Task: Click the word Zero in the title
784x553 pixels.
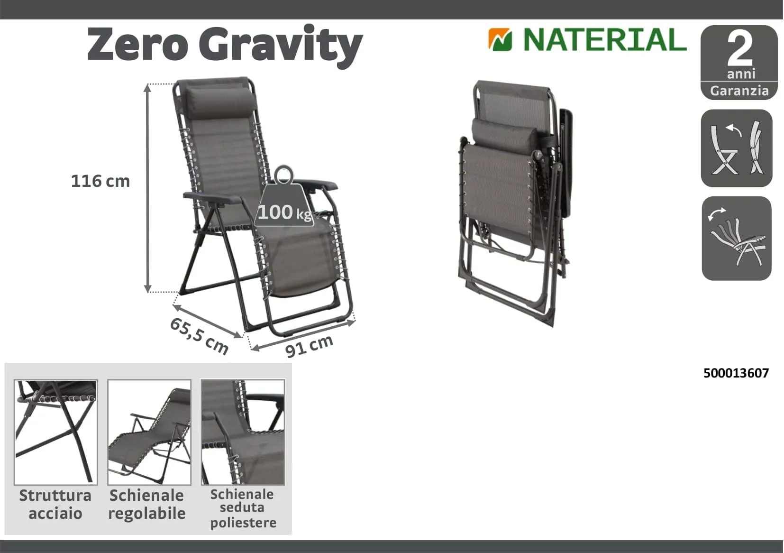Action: point(137,45)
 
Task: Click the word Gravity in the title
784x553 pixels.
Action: point(281,46)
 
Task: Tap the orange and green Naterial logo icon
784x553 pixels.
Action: point(500,39)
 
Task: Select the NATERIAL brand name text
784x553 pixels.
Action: point(604,39)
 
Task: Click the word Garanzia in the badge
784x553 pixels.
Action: point(739,91)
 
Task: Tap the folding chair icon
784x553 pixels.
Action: point(737,148)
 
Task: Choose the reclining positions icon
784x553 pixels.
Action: point(737,238)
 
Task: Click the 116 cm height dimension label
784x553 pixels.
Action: point(100,181)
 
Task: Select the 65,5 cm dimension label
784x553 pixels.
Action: point(199,336)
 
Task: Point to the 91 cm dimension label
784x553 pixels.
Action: point(309,346)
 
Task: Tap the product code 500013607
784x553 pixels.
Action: point(736,373)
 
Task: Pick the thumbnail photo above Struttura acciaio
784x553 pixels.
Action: point(55,432)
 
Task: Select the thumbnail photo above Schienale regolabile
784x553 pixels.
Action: point(149,432)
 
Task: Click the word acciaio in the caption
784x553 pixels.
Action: point(55,514)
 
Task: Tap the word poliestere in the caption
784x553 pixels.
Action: point(243,523)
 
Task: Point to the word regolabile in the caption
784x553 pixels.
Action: point(146,514)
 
